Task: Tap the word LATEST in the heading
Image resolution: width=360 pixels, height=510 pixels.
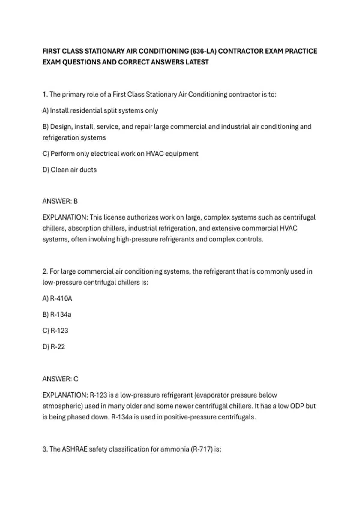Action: tap(196, 62)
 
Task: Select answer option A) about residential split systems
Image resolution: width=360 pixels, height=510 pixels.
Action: tap(100, 110)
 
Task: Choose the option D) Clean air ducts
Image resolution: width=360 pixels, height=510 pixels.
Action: tap(70, 170)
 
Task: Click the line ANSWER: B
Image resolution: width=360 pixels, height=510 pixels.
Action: tap(60, 201)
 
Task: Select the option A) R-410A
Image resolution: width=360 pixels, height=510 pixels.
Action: tap(57, 298)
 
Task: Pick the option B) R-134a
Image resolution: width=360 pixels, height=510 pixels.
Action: tap(57, 315)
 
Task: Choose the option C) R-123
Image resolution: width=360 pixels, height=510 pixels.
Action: tap(55, 331)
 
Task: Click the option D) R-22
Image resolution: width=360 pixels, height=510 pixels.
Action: tap(54, 347)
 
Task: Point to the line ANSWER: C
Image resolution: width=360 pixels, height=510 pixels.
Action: tap(60, 379)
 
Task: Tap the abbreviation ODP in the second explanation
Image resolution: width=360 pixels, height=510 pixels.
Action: tap(297, 406)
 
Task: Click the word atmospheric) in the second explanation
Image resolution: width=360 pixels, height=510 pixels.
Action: tap(62, 406)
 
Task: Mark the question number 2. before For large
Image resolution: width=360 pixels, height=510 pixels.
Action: tap(45, 271)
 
